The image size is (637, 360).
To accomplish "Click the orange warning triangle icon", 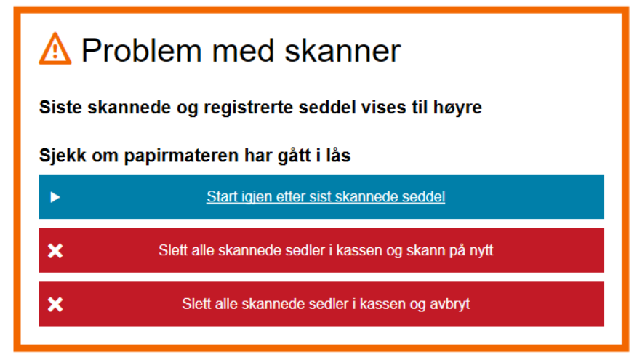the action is point(55,49).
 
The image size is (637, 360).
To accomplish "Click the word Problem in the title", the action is point(141,51).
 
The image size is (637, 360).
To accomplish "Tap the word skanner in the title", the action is point(343,51).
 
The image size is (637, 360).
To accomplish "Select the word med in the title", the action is point(243,51).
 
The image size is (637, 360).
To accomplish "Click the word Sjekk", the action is point(63,156).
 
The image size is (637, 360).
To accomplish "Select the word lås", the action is point(338,156).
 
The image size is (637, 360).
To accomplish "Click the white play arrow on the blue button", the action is point(55,198).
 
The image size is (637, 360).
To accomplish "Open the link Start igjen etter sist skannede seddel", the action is point(326,196).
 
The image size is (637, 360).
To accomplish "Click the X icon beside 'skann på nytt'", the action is point(55,251).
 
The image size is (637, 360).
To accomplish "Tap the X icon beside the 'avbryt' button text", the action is point(55,304).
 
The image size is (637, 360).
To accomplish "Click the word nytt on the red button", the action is point(481,251).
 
